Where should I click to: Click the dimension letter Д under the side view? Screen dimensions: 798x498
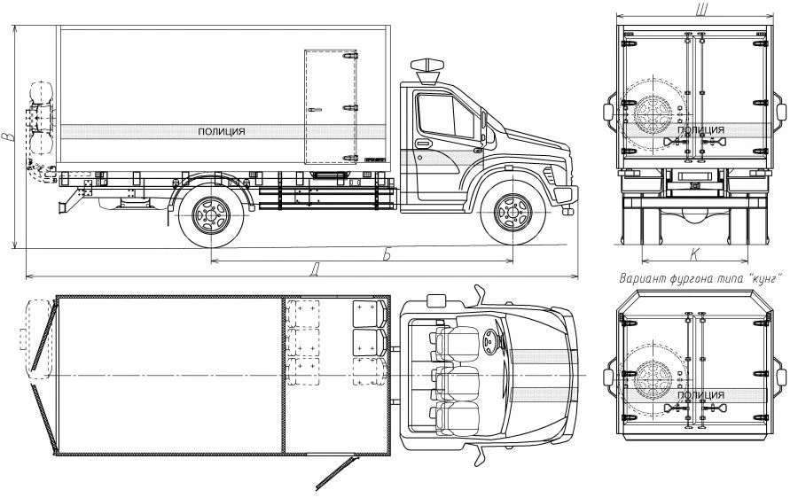[x=315, y=268]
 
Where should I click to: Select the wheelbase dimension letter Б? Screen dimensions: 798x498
[x=387, y=254]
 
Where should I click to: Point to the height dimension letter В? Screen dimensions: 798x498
[x=7, y=136]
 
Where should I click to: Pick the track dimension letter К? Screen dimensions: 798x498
[x=694, y=255]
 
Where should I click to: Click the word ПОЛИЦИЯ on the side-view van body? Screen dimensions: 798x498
[x=222, y=132]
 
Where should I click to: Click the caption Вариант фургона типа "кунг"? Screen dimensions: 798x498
[x=700, y=279]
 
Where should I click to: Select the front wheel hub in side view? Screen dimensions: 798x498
[x=513, y=212]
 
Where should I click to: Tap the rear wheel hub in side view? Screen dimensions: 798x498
[x=211, y=215]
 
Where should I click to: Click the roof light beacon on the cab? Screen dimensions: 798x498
[x=427, y=71]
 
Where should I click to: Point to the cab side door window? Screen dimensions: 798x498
[x=446, y=116]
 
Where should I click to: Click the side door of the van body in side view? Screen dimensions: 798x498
[x=332, y=107]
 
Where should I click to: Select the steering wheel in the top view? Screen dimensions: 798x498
[x=490, y=342]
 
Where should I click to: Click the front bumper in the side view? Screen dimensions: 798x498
[x=566, y=195]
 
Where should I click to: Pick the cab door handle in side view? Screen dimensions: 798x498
[x=423, y=143]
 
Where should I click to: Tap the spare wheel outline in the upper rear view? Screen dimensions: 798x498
[x=653, y=114]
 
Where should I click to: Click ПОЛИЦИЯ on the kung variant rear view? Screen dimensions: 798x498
[x=700, y=395]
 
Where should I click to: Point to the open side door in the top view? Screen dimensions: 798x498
[x=334, y=473]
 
